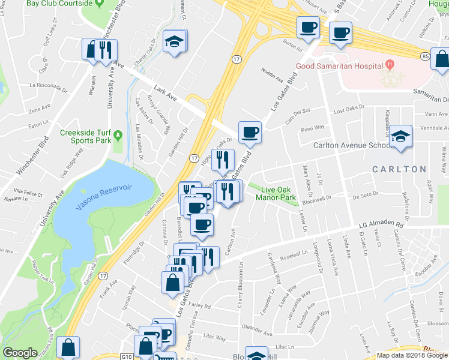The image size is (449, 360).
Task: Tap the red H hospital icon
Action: click(x=390, y=64)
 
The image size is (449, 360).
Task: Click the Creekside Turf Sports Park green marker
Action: click(x=119, y=133)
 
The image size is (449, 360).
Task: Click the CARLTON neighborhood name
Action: click(x=399, y=169)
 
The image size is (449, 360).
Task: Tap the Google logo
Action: click(x=20, y=353)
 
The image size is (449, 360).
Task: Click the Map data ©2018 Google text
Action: click(x=412, y=356)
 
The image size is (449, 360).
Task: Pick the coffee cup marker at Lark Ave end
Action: click(x=250, y=133)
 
